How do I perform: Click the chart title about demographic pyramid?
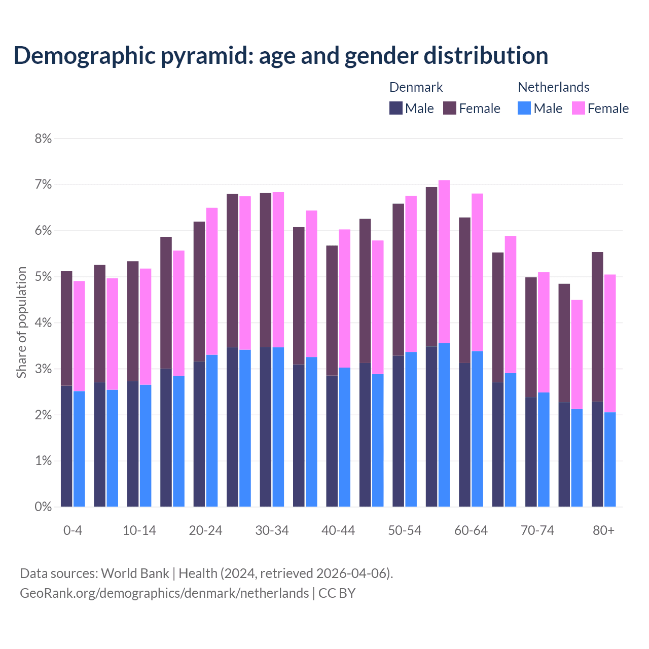click(281, 56)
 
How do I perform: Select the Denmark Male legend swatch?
click(396, 109)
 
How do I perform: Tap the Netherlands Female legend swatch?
click(578, 109)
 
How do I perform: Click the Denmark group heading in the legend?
click(416, 87)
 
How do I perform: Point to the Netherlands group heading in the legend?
click(553, 87)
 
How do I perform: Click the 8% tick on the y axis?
click(43, 138)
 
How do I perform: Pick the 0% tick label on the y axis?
click(43, 507)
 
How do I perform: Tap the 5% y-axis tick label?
click(43, 277)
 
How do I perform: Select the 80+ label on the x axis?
click(603, 530)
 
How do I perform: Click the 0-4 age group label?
click(73, 530)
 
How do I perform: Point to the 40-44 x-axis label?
click(338, 530)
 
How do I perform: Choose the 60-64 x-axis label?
click(471, 530)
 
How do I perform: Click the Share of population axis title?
click(21, 322)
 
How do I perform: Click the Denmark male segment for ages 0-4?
click(66, 446)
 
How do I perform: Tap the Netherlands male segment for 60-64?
click(477, 428)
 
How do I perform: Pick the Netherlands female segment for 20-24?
click(212, 281)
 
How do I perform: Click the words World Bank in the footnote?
click(135, 573)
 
